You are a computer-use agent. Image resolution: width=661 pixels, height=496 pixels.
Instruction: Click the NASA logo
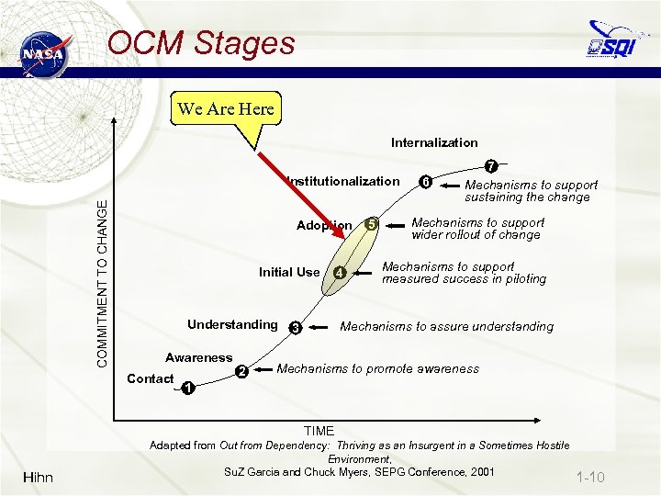[44, 52]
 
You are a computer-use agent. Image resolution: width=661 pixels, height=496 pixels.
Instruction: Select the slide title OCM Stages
[201, 43]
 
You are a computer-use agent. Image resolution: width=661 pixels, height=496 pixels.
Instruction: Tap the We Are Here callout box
[226, 109]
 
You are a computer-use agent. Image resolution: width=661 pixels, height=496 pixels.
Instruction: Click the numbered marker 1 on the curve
[187, 388]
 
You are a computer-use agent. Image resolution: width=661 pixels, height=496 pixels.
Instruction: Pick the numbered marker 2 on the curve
[241, 371]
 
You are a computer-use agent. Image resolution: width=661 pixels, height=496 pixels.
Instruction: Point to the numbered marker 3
[296, 328]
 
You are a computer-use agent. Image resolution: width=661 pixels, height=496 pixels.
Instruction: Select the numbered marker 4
[340, 273]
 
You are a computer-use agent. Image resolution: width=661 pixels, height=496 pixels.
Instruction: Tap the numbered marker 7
[492, 167]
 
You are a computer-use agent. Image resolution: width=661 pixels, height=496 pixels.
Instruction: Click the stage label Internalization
[434, 142]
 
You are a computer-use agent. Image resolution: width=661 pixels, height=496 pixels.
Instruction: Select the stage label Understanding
[231, 324]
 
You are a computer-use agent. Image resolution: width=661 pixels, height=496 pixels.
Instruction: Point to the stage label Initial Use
[289, 272]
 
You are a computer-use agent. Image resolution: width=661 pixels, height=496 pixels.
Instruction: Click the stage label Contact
[151, 378]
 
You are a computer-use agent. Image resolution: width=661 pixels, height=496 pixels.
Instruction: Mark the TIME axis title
[319, 430]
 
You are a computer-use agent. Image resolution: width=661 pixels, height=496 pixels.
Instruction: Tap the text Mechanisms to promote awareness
[377, 368]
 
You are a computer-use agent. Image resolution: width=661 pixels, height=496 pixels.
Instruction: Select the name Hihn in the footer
[38, 477]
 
